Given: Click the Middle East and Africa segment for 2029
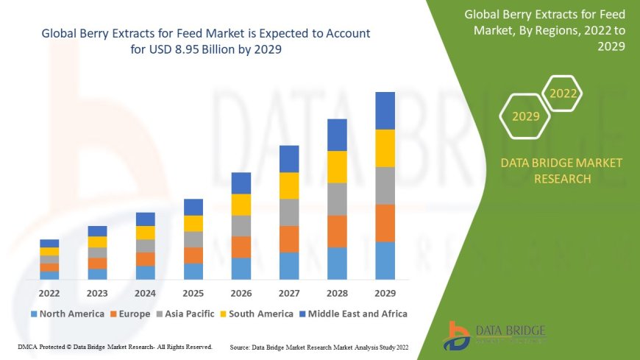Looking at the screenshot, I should tap(385, 110).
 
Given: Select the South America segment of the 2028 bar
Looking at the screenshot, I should tap(337, 166).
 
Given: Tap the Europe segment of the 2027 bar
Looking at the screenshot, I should tap(289, 239).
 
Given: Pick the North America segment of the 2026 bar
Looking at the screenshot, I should tap(241, 268).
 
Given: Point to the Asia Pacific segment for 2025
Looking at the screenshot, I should tap(193, 239).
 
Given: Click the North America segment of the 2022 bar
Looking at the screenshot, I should tap(49, 275).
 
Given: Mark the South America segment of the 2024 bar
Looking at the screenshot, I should tap(146, 233).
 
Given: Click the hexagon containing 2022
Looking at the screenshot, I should tap(563, 93).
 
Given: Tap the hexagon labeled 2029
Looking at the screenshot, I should tap(525, 116).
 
